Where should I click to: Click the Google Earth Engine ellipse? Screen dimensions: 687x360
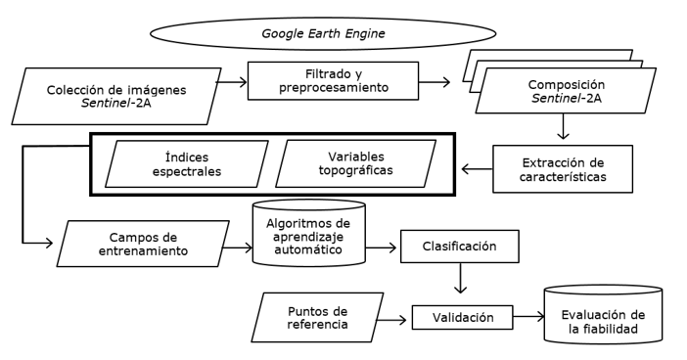pyautogui.click(x=323, y=33)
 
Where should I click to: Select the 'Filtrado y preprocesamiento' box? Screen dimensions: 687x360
pyautogui.click(x=333, y=80)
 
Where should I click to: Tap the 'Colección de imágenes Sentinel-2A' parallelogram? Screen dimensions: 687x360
pyautogui.click(x=116, y=96)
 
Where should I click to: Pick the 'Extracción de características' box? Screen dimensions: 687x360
pyautogui.click(x=563, y=169)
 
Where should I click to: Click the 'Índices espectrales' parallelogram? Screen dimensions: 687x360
pyautogui.click(x=187, y=163)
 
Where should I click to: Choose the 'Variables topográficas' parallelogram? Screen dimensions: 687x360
pyautogui.click(x=356, y=163)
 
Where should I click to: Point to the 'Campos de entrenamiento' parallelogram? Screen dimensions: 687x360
pyautogui.click(x=143, y=244)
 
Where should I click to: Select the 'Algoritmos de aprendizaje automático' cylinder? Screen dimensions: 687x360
pyautogui.click(x=309, y=233)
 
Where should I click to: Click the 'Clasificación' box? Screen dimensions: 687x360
pyautogui.click(x=460, y=247)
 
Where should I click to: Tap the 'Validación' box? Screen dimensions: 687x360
pyautogui.click(x=462, y=317)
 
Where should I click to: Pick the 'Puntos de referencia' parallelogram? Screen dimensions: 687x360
pyautogui.click(x=317, y=318)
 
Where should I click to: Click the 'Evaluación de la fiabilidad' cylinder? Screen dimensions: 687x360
pyautogui.click(x=603, y=314)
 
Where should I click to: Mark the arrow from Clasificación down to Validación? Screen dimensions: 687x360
pyautogui.click(x=460, y=278)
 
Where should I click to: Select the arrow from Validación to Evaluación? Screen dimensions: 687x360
pyautogui.click(x=528, y=316)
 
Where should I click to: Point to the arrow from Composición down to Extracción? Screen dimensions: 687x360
pyautogui.click(x=563, y=126)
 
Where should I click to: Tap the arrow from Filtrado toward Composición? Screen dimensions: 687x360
pyautogui.click(x=435, y=81)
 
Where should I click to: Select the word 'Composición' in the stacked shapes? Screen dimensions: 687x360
pyautogui.click(x=566, y=84)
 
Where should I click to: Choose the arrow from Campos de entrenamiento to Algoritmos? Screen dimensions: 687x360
pyautogui.click(x=238, y=247)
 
